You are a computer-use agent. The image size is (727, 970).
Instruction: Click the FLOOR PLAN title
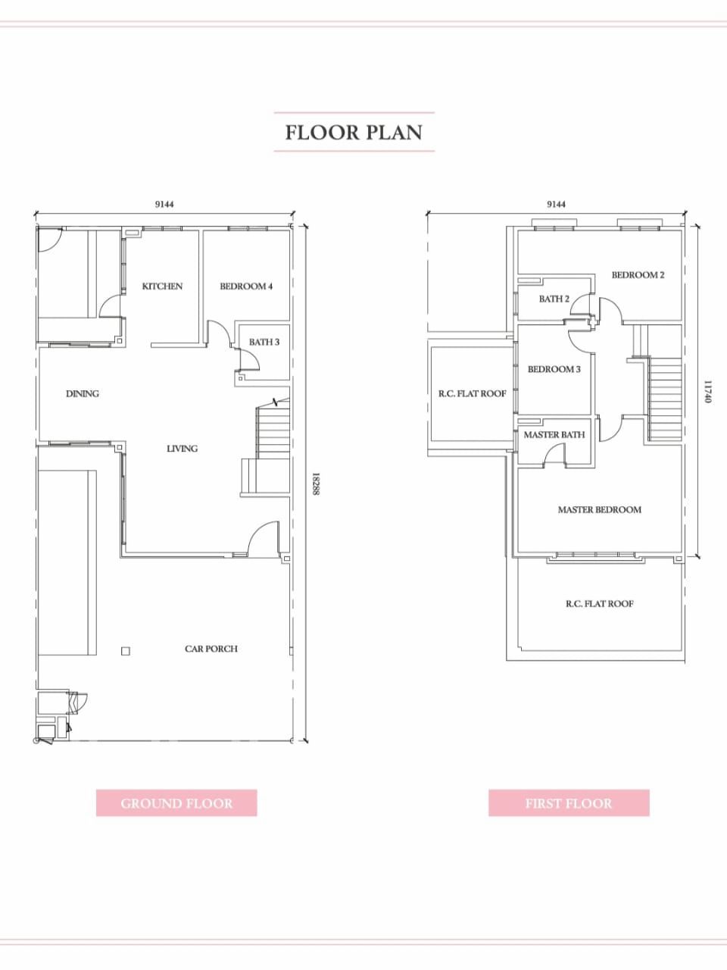[x=354, y=133]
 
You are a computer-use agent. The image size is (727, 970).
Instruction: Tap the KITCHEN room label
[x=162, y=286]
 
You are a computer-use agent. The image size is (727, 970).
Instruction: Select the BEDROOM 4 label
[x=246, y=286]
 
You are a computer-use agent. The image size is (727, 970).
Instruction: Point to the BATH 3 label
[x=264, y=342]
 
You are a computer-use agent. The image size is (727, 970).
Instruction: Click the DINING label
[x=83, y=394]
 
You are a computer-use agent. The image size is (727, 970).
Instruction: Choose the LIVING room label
[x=182, y=449]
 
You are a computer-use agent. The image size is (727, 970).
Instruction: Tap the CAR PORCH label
[x=211, y=649]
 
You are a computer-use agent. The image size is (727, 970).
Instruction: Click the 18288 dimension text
[x=316, y=484]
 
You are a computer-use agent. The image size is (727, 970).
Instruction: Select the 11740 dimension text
[x=709, y=392]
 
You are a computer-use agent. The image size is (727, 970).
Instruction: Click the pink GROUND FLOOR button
[x=176, y=803]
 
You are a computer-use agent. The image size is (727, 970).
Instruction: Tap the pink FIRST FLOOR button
[x=569, y=803]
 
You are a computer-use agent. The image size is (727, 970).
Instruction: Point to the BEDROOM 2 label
[x=638, y=275]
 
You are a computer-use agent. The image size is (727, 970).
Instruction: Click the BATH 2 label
[x=554, y=299]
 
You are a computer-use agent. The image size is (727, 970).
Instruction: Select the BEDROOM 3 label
[x=554, y=370]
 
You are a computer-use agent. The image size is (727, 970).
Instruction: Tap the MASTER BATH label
[x=554, y=435]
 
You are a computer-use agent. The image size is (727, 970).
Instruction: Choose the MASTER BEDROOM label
[x=600, y=510]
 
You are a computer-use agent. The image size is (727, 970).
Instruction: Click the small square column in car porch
[x=126, y=651]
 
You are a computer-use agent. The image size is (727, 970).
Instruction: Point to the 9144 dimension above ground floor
[x=164, y=204]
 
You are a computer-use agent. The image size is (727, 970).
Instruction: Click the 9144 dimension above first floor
[x=556, y=204]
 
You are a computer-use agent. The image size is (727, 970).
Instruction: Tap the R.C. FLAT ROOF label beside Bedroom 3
[x=473, y=394]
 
